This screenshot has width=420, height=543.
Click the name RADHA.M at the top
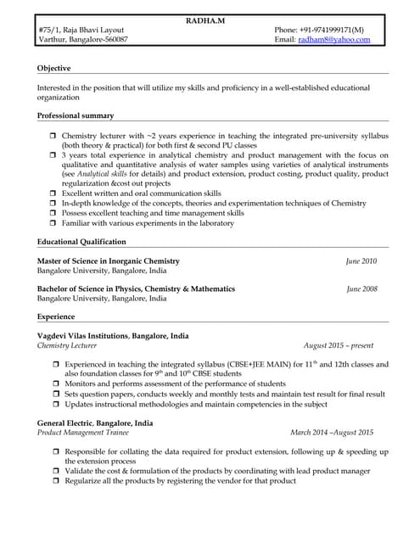pyautogui.click(x=210, y=20)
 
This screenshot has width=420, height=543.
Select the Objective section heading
pyautogui.click(x=54, y=68)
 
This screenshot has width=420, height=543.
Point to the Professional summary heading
pyautogui.click(x=76, y=115)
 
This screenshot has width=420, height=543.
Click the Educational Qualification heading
pyautogui.click(x=82, y=242)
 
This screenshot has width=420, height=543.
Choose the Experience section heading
pyautogui.click(x=56, y=316)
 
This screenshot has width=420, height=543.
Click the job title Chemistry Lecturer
pyautogui.click(x=67, y=346)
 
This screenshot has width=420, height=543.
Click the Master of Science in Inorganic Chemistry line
pyautogui.click(x=109, y=261)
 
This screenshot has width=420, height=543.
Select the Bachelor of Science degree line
pyautogui.click(x=136, y=289)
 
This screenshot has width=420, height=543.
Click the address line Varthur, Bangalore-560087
pyautogui.click(x=83, y=40)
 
